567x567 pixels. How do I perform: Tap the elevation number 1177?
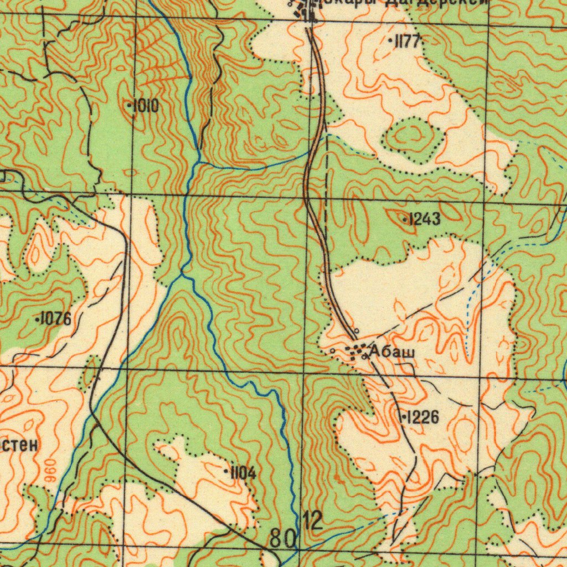tap(409, 41)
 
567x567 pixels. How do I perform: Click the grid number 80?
tap(283, 538)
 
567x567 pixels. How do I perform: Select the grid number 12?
tap(313, 520)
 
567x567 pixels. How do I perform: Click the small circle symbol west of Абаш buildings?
tap(332, 351)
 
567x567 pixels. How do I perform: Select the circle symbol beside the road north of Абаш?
tap(357, 331)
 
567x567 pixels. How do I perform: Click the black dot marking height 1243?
tap(405, 220)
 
